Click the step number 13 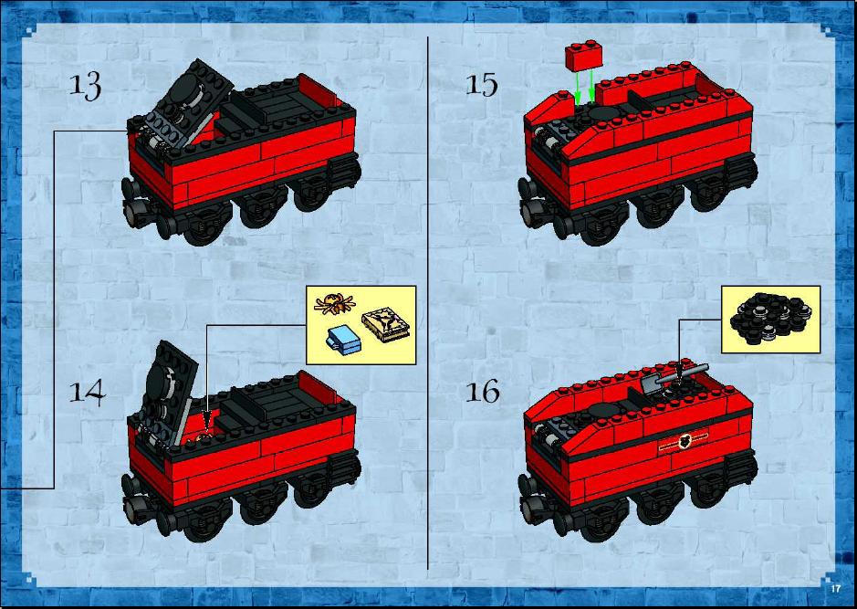85,86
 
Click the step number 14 87,392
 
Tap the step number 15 482,85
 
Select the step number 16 482,392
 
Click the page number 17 835,589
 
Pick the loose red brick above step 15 584,55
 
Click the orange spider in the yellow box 334,303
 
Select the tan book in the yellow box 385,325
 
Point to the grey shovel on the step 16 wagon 673,378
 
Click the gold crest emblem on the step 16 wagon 684,441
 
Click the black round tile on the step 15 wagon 601,113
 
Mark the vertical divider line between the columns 427,303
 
